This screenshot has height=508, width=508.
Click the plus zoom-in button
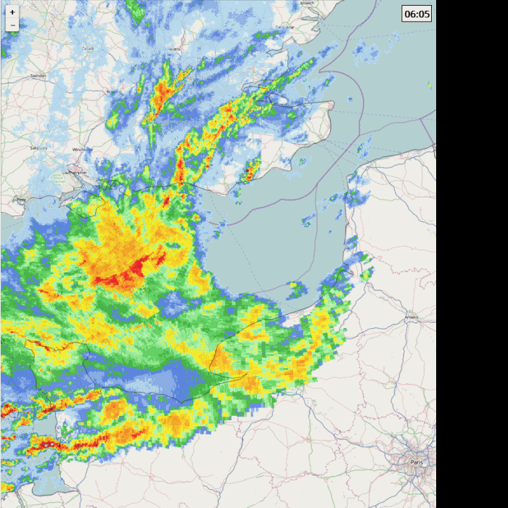12,12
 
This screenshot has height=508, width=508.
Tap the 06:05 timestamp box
417,14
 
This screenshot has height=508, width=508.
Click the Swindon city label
38,75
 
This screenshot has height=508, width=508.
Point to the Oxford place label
89,49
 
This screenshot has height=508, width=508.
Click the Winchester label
82,149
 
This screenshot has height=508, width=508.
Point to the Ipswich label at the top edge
308,3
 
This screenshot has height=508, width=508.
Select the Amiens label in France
411,317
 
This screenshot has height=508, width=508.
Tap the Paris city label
416,462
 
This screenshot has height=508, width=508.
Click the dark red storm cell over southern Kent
249,173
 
